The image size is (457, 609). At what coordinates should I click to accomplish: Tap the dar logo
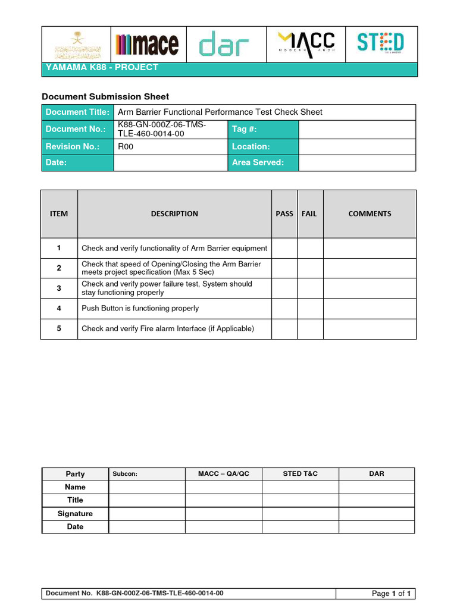pos(224,44)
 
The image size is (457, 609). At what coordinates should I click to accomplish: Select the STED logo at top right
pos(380,43)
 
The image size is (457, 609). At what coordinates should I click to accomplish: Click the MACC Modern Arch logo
pos(306,43)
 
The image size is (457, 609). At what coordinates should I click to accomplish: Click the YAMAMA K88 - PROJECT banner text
pos(102,68)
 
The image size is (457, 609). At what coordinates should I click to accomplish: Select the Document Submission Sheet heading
pos(105,96)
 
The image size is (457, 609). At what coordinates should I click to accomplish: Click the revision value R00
pos(126,146)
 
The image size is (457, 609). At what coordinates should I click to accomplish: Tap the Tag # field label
pos(245,129)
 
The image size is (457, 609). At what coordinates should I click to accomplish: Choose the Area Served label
pos(258,162)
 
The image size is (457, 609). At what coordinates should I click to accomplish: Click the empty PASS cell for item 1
pos(284,248)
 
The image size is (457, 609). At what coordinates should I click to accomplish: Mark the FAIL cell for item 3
pos(310,288)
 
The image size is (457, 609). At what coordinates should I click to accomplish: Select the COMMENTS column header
pos(370,214)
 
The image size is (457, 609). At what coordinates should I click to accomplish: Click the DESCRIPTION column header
pos(174,214)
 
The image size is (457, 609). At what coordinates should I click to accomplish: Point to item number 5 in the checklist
pos(59,328)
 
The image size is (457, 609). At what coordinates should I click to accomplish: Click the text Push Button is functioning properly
pos(140,308)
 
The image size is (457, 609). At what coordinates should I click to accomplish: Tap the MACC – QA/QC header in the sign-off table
pos(223,474)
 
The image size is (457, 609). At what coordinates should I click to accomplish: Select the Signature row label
pos(75,513)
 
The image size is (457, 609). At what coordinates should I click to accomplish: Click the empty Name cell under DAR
pos(376,487)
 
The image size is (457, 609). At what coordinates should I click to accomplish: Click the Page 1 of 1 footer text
pos(392,594)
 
